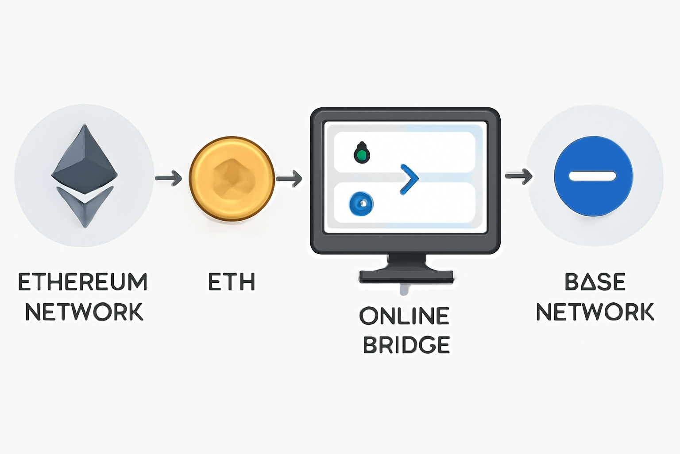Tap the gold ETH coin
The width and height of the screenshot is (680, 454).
(232, 178)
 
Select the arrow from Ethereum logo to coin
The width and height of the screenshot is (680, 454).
(169, 178)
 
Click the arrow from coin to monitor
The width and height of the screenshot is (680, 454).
(289, 179)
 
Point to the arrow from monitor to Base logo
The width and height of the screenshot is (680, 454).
(519, 176)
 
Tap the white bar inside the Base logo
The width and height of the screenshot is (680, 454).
(593, 176)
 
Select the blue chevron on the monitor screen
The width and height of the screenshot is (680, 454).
(410, 179)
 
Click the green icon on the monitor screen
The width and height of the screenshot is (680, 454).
(362, 153)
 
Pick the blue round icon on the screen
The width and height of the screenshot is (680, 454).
(361, 204)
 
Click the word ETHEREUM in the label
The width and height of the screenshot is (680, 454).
(83, 282)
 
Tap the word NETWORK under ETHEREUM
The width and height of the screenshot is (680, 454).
(84, 312)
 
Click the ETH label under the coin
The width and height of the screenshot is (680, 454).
(232, 282)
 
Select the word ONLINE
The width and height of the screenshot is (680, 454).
(405, 316)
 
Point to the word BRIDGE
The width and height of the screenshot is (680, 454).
(406, 345)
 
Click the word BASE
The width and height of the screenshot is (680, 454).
(595, 282)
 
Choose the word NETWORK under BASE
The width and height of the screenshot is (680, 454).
(595, 312)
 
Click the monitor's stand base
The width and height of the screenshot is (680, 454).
(406, 276)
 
